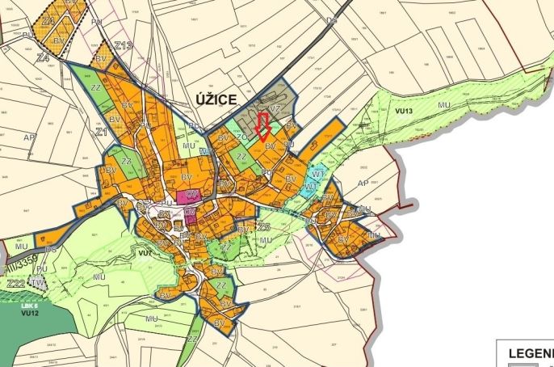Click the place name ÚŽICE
216,100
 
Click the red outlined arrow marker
262,128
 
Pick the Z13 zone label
124,46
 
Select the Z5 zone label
263,228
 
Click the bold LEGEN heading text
529,353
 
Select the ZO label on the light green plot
241,137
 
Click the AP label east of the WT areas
363,183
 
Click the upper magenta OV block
191,195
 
